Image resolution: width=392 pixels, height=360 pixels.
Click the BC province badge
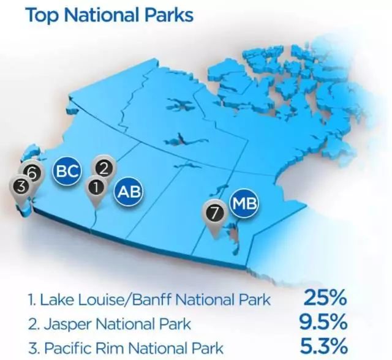click(67, 171)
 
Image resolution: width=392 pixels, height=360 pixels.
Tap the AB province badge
click(129, 192)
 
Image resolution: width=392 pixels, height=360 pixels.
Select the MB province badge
click(244, 203)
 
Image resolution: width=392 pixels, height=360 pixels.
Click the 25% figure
click(325, 298)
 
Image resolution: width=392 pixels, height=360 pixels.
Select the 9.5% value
click(323, 322)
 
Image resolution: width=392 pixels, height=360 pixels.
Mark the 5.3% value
click(324, 346)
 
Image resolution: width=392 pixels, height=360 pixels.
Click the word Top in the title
click(42, 15)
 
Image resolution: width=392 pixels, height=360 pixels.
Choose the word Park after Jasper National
click(175, 324)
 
